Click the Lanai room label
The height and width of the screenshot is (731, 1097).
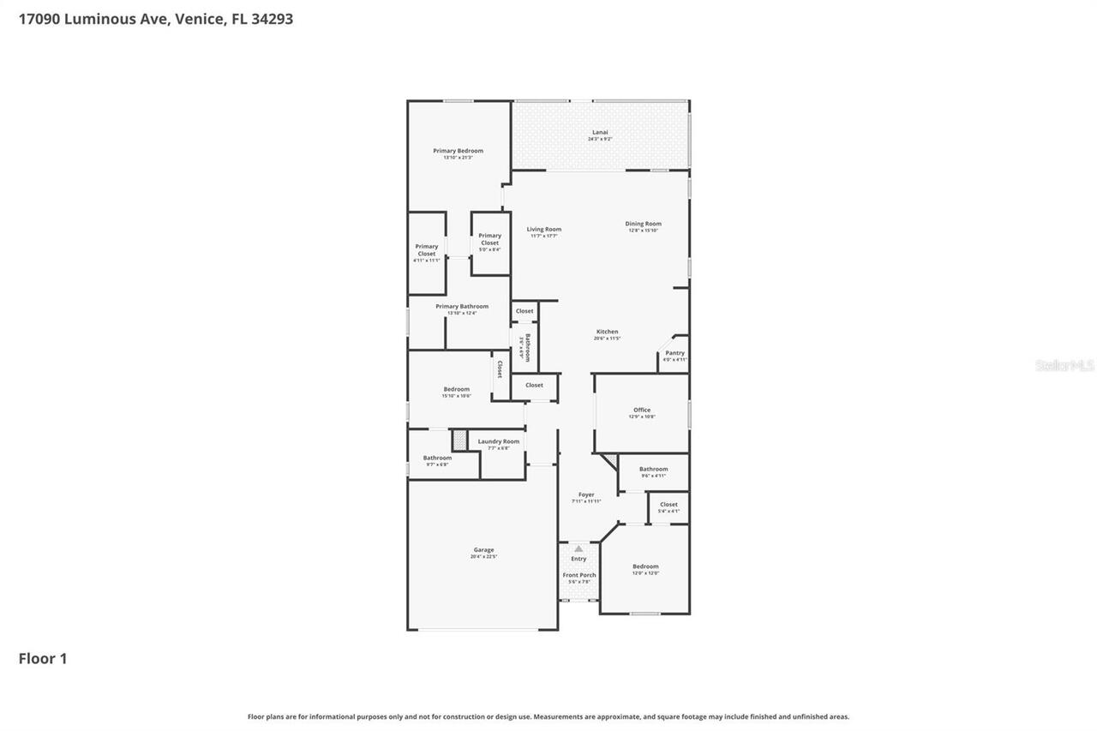coord(600,133)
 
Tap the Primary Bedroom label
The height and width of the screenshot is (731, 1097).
coord(458,151)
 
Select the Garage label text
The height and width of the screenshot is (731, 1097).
coord(483,550)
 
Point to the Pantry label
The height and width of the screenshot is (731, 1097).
coord(674,353)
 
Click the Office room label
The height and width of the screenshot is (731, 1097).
coord(642,410)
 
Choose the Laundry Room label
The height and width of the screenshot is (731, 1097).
coord(498,441)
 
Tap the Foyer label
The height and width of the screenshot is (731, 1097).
coord(586,494)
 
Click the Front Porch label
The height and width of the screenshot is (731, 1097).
coord(578,575)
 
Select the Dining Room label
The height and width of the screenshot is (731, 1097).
coord(643,224)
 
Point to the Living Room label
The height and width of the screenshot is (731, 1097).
coord(543,229)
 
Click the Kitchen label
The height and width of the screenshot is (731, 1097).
coord(607,332)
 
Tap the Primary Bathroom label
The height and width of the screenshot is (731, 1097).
coord(462,306)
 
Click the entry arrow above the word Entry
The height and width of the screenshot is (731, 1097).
coord(578,548)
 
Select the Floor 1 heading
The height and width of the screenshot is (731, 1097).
coord(43,658)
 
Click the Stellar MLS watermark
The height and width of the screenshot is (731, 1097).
coord(1064,365)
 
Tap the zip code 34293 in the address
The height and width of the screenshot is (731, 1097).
coord(273,18)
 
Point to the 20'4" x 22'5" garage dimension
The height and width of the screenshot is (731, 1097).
coord(483,557)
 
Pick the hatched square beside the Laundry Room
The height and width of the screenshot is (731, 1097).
coord(459,440)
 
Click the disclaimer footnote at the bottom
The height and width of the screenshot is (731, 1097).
coord(548,716)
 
